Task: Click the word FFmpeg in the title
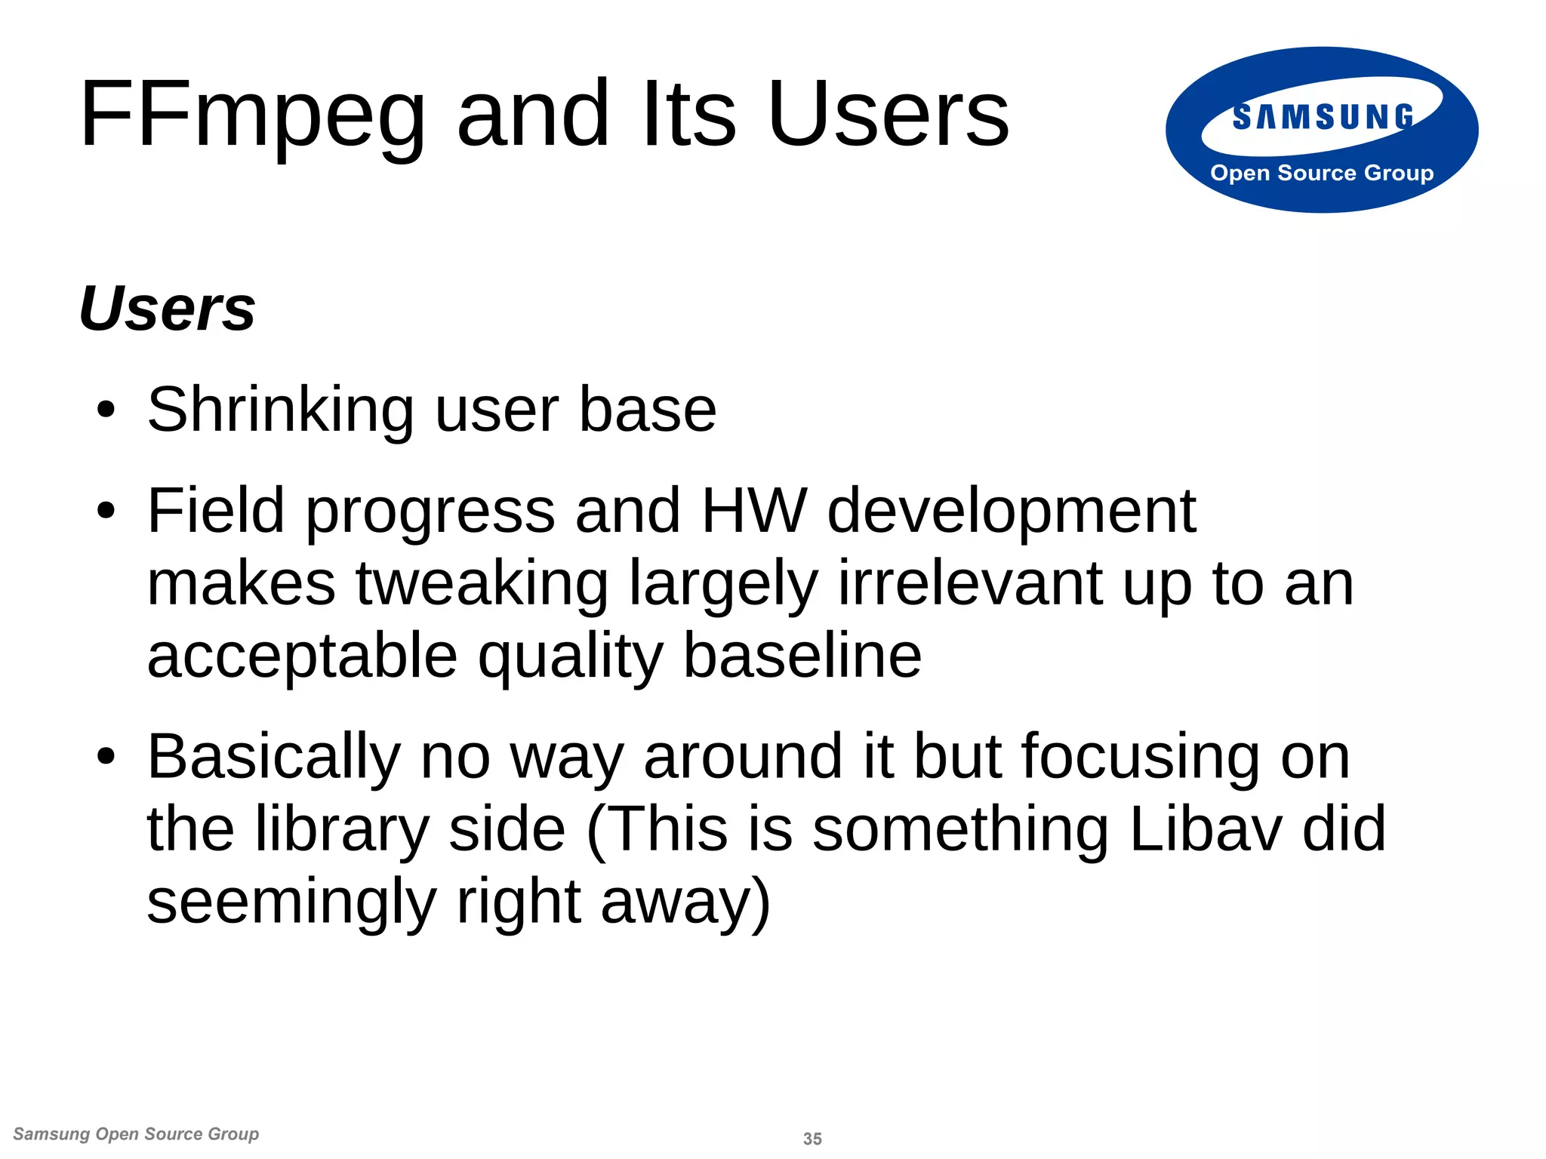click(253, 115)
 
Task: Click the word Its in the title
click(688, 115)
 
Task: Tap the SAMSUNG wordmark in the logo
click(1323, 118)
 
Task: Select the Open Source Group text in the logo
click(1322, 173)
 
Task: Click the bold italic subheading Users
click(168, 309)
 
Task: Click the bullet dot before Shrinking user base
click(106, 411)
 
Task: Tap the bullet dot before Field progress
click(106, 512)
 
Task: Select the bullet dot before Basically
click(106, 757)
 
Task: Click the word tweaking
click(482, 584)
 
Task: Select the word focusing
click(1140, 758)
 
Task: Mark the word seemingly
click(291, 902)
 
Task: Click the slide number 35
click(812, 1139)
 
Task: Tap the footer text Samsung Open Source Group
click(137, 1134)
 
